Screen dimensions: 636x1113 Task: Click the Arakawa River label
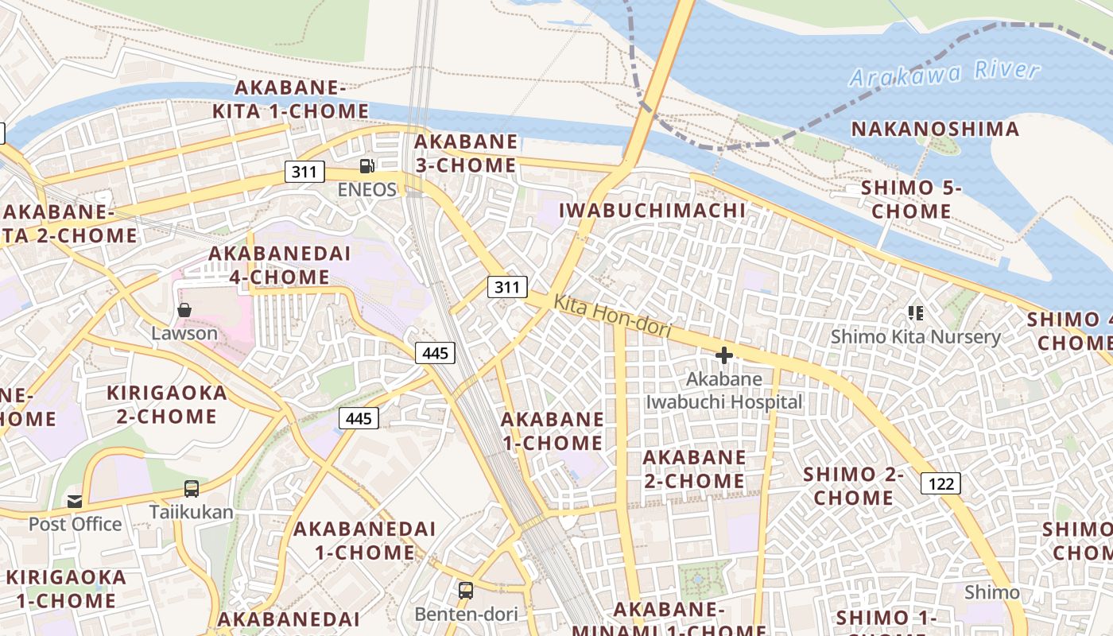944,73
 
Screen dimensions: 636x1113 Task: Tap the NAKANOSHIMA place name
935,129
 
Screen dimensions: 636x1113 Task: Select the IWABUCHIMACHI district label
653,211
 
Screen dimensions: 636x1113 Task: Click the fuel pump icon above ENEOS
366,166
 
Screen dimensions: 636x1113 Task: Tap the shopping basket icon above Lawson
184,310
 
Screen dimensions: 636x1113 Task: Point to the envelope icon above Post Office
75,501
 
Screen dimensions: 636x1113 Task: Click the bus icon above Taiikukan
192,489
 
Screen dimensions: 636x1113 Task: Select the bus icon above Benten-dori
466,591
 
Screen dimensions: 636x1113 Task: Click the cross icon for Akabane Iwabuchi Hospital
723,355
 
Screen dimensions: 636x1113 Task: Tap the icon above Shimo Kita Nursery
916,313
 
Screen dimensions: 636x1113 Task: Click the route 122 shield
941,483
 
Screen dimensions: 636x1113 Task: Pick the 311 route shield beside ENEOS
305,171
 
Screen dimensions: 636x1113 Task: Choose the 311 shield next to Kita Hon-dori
507,287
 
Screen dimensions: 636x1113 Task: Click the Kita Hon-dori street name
612,316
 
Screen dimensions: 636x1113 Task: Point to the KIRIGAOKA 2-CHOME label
167,405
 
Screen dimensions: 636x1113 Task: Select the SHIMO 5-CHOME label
911,200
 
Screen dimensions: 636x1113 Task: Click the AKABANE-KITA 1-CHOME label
289,99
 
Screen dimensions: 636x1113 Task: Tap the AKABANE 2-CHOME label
694,469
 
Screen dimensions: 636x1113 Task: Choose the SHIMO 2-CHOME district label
854,487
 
